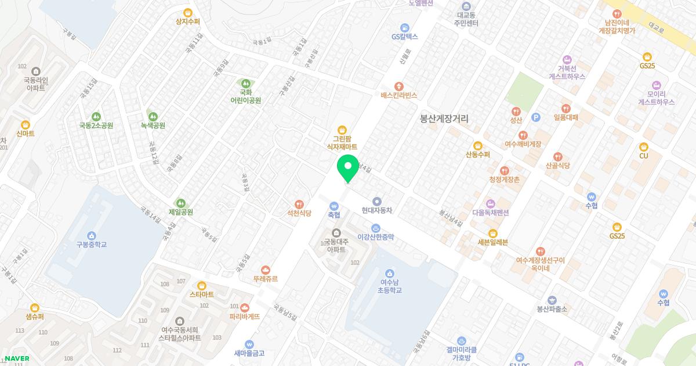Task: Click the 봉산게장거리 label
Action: coord(444,119)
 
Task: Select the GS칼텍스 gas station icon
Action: coord(404,27)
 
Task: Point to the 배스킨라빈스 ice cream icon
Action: coord(398,86)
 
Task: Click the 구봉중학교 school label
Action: coord(92,245)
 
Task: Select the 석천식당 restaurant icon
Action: coord(299,204)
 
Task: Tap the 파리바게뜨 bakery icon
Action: coord(244,307)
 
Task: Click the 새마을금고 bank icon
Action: coord(249,344)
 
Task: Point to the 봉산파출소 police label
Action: coord(552,309)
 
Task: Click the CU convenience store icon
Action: coord(643,147)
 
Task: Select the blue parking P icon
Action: coord(535,117)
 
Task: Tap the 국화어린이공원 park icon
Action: coord(245,84)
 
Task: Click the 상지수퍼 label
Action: coord(187,21)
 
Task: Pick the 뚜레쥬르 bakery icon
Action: coord(265,270)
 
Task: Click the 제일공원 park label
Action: coord(180,212)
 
